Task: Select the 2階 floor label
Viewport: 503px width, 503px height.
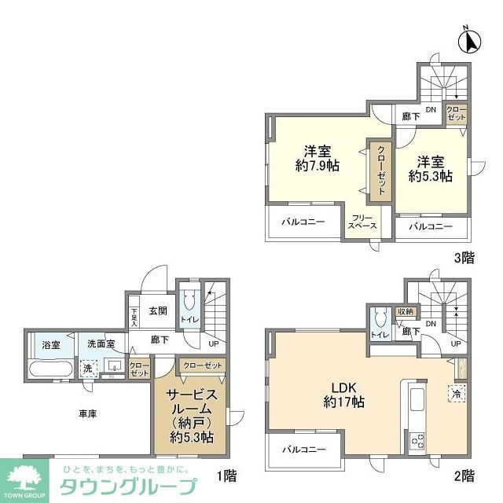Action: coord(463,475)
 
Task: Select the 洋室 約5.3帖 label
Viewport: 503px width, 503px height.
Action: coord(430,169)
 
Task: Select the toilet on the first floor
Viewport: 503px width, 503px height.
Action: coord(189,302)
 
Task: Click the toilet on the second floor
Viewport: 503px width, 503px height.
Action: coord(380,318)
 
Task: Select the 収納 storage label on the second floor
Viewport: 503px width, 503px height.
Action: coord(405,311)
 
